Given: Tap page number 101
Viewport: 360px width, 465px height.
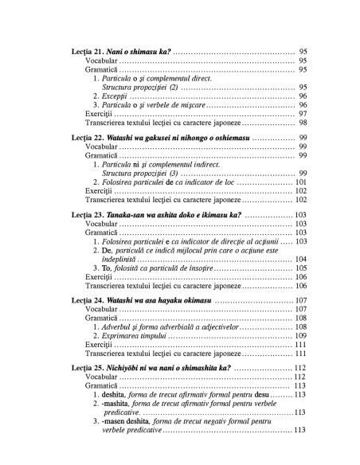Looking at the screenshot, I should coord(301,182).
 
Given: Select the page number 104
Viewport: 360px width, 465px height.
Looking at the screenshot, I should coord(301,259).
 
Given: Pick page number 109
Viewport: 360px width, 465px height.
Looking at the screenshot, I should coord(301,335).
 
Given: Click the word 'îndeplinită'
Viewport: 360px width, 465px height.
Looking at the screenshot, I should coord(119,259).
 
